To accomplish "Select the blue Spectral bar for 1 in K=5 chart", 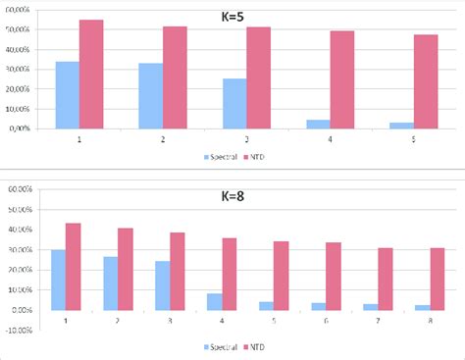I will [x=68, y=94].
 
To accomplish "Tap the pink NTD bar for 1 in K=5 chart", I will [x=91, y=74].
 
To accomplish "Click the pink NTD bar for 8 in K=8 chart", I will [x=437, y=279].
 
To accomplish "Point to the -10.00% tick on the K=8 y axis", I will [x=25, y=330].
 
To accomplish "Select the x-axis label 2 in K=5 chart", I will [x=163, y=140].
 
